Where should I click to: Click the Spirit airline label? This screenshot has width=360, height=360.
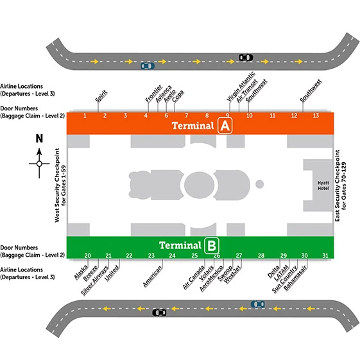pyautogui.click(x=101, y=96)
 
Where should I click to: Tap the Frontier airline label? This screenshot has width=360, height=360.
pyautogui.click(x=154, y=94)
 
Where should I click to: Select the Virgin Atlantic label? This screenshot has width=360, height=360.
pyautogui.click(x=241, y=87)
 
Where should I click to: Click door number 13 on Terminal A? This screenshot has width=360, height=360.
pyautogui.click(x=316, y=116)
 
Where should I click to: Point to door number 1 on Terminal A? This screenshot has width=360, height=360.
pyautogui.click(x=85, y=116)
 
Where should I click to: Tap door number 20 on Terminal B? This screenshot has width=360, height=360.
pyautogui.click(x=87, y=255)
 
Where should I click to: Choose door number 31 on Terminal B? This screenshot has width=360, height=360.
pyautogui.click(x=325, y=255)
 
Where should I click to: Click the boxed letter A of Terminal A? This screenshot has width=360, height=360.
pyautogui.click(x=225, y=125)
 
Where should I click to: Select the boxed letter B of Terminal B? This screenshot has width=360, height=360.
pyautogui.click(x=212, y=246)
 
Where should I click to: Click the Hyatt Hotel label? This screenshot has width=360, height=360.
pyautogui.click(x=323, y=185)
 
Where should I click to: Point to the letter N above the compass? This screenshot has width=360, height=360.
pyautogui.click(x=39, y=139)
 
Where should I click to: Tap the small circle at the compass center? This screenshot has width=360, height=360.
pyautogui.click(x=39, y=164)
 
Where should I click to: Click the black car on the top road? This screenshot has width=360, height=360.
pyautogui.click(x=246, y=57)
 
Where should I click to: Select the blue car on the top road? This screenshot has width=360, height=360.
pyautogui.click(x=148, y=66)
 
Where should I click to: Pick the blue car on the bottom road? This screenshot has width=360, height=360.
pyautogui.click(x=257, y=304)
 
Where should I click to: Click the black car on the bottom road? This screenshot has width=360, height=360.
pyautogui.click(x=159, y=313)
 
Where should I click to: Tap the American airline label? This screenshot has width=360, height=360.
pyautogui.click(x=153, y=277)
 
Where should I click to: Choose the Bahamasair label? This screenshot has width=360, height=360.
pyautogui.click(x=295, y=278)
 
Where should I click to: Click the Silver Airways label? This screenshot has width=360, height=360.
pyautogui.click(x=94, y=280)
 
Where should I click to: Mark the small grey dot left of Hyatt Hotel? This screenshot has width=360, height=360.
pyautogui.click(x=259, y=184)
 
